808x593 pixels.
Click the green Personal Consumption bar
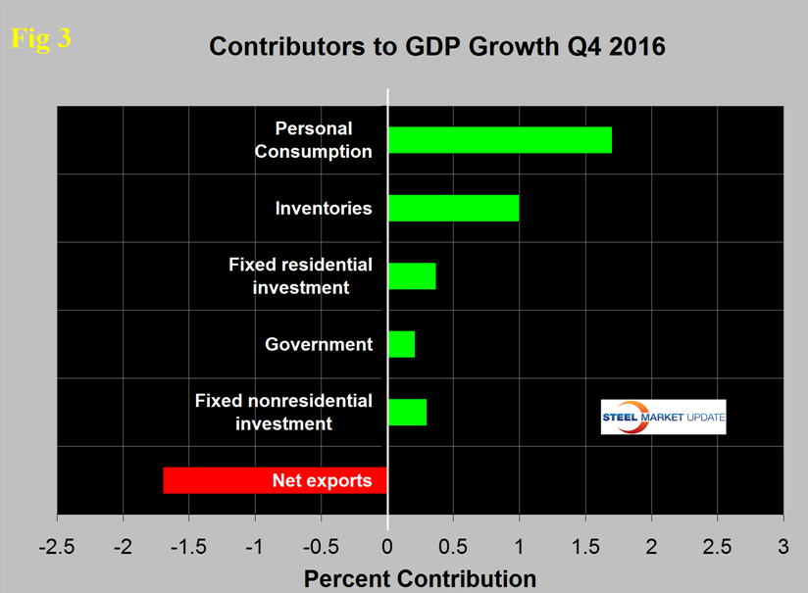tap(500, 140)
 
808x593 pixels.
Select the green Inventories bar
tap(454, 208)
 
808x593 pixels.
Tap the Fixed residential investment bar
tap(412, 275)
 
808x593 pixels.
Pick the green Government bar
tap(402, 344)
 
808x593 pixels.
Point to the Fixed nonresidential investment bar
tap(408, 412)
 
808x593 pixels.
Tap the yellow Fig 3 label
tap(40, 39)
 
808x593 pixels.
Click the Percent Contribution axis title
tap(420, 577)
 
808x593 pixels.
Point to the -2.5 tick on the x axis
tap(58, 543)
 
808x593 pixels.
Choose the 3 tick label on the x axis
tap(783, 543)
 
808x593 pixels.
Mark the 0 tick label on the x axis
tap(388, 543)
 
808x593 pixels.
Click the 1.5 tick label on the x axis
tap(585, 543)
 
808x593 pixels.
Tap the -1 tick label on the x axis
tap(256, 543)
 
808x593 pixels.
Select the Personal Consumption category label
tap(324, 140)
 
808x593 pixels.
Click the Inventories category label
tap(324, 208)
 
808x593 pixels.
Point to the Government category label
tap(319, 344)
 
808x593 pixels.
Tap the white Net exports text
tap(322, 480)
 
